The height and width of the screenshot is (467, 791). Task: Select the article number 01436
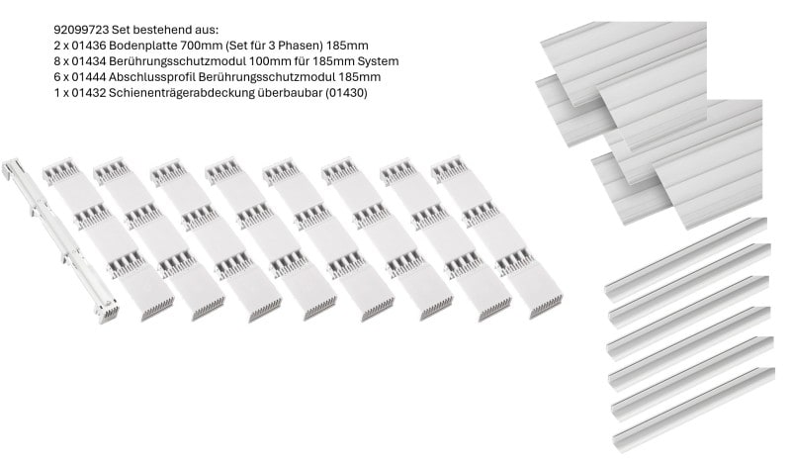tap(89, 46)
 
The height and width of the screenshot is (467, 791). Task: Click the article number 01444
tap(89, 77)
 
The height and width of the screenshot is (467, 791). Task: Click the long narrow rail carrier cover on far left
tap(60, 239)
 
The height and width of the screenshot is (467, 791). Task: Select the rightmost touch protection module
tap(497, 236)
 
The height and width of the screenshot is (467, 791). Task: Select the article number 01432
tap(89, 93)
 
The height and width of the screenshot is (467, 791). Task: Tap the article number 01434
tap(89, 61)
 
